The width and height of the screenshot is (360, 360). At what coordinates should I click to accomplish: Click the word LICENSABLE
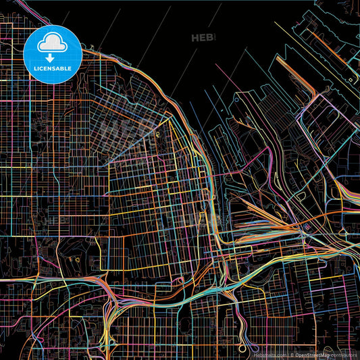pyautogui.click(x=52, y=68)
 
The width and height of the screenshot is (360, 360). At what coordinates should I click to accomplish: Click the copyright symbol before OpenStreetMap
pyautogui.click(x=292, y=355)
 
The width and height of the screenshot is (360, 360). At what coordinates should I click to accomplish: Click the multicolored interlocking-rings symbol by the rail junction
pyautogui.click(x=308, y=227)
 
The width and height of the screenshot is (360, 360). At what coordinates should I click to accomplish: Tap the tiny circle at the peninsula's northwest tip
pyautogui.click(x=157, y=133)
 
